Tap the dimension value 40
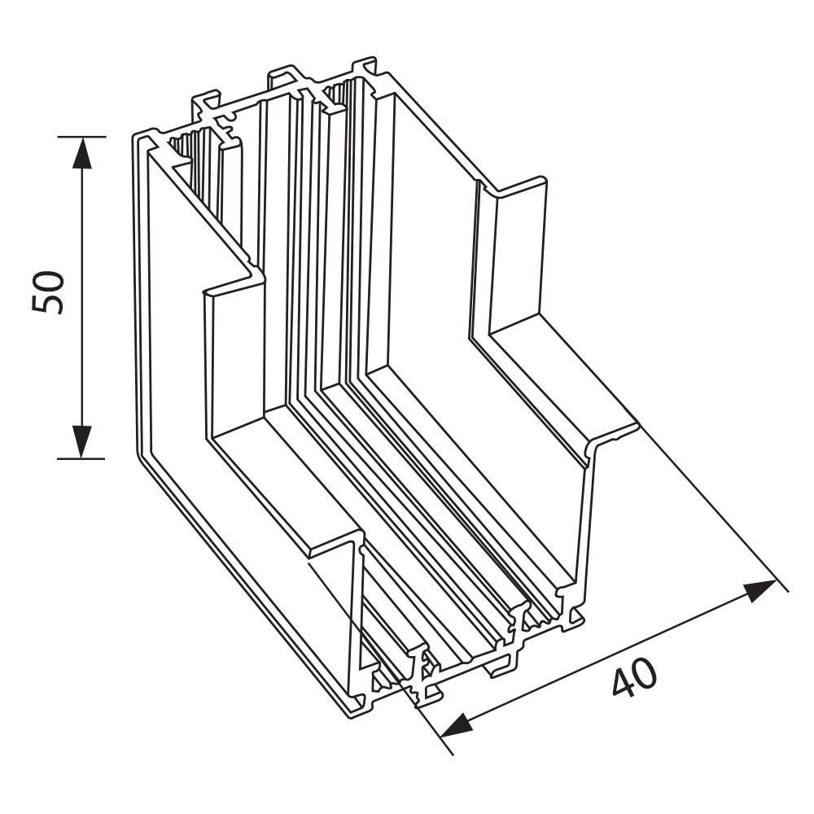634,679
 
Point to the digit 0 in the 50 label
47,279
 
